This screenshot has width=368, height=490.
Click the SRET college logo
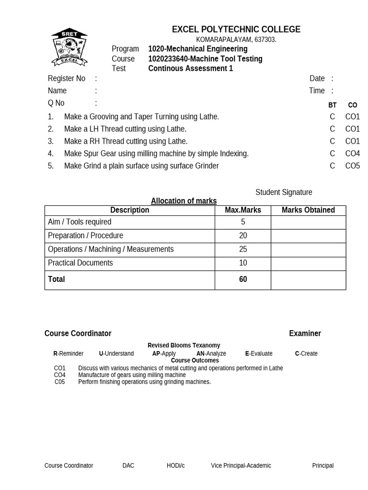tap(69, 47)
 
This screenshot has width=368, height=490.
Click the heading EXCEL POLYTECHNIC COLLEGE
tap(236, 30)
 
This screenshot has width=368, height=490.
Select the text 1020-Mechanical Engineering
tap(197, 49)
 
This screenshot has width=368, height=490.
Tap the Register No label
tap(66, 78)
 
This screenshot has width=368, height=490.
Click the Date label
tap(317, 78)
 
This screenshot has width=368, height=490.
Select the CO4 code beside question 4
tap(352, 154)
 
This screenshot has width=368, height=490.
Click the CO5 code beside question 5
tap(352, 166)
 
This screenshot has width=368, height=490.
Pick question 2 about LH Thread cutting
tap(125, 129)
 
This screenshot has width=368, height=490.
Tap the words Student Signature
tap(284, 192)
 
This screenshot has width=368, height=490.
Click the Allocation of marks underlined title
tap(184, 201)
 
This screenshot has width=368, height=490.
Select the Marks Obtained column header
tap(308, 210)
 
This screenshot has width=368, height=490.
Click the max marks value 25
tap(243, 249)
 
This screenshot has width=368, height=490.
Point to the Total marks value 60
tap(243, 279)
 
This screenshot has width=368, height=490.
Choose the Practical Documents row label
tap(80, 263)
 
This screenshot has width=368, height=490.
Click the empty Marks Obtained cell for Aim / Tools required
tap(308, 222)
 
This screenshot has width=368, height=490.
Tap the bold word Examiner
tap(305, 334)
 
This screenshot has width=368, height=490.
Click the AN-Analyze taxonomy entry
tap(211, 354)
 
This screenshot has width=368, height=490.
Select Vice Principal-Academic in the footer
tap(241, 466)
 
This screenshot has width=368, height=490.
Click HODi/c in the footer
tap(175, 466)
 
